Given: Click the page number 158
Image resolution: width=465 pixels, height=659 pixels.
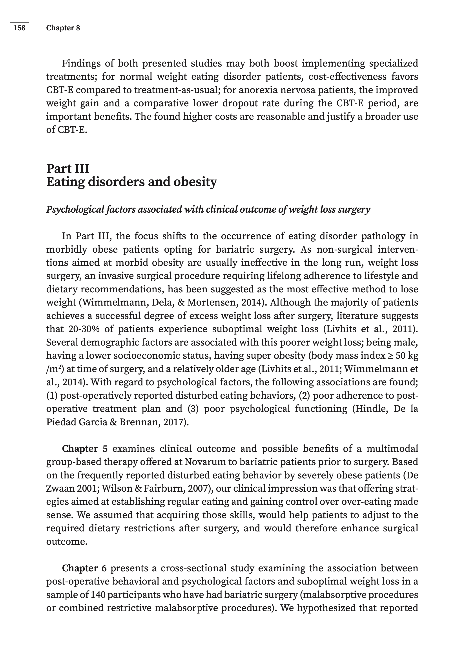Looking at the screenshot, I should click(x=20, y=28).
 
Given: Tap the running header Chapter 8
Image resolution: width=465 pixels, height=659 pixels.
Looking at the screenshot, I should click(x=63, y=28).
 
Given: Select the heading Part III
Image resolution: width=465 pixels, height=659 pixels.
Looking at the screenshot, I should click(x=68, y=168).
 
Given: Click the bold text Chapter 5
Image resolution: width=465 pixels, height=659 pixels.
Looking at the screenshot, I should click(x=85, y=449).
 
